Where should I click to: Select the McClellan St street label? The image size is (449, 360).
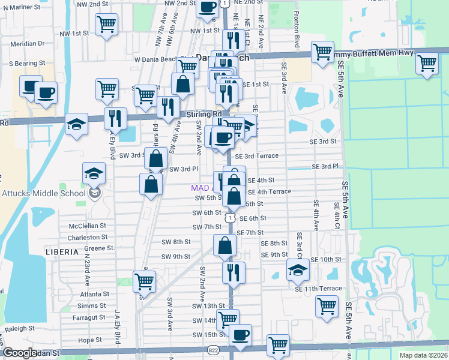coord(87,226)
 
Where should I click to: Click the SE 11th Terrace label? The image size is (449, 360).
coord(318,289)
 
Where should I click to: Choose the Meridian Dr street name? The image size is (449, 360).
coord(25,43)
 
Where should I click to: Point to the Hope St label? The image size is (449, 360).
coord(89,340)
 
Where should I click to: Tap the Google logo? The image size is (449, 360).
coord(20,353)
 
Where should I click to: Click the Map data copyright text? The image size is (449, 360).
coord(424,355)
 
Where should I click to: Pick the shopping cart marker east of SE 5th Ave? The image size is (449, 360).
coord(427,63)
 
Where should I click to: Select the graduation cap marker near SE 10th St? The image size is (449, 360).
coord(297,269)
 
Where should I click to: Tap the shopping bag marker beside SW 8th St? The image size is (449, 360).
coord(224,245)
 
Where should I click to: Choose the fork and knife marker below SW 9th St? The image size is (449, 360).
coord(234,271)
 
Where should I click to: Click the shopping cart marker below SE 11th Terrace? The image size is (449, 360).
coord(327,306)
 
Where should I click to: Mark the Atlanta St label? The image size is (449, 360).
coord(97,294)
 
